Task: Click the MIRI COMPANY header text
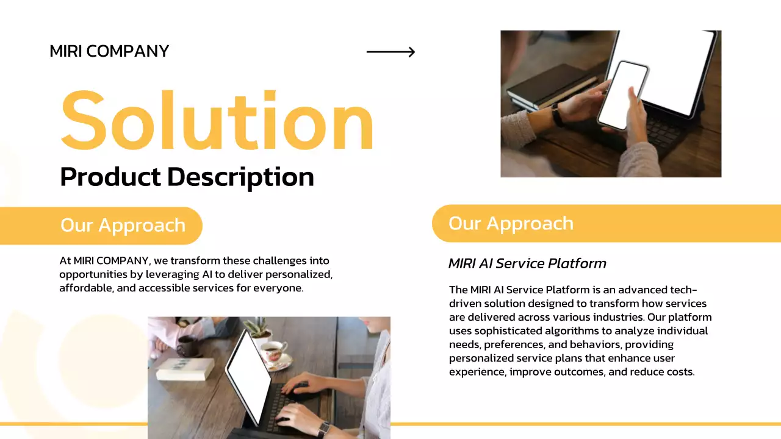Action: point(109,51)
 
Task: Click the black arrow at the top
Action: point(390,52)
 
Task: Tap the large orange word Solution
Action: point(217,120)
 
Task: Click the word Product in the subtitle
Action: point(110,177)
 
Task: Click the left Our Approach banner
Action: point(123,225)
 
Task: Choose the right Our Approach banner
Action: point(511,223)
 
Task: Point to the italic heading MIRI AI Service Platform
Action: point(527,263)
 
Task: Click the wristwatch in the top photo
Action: point(558,115)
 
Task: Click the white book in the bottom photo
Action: point(184,368)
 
